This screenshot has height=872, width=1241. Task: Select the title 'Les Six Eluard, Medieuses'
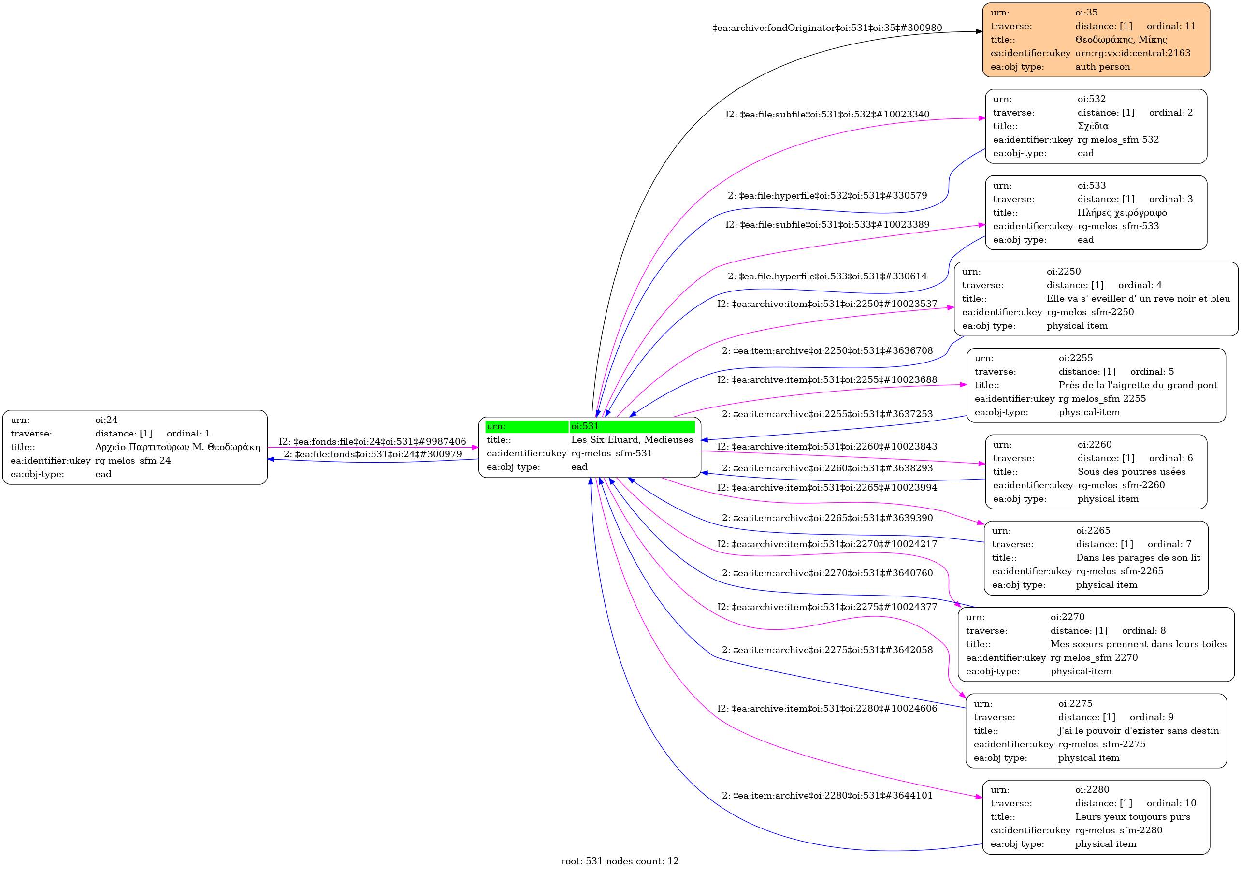point(631,440)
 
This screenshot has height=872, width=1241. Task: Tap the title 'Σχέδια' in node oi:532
point(1093,126)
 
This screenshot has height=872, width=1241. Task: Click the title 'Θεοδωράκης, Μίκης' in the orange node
point(1121,40)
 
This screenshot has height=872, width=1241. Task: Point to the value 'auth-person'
point(1102,67)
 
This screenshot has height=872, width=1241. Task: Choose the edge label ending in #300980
point(827,28)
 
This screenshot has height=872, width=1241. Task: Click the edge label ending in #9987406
point(372,442)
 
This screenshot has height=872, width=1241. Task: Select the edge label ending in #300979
point(373,454)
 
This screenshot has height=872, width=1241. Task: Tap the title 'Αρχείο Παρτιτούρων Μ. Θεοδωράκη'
point(177,447)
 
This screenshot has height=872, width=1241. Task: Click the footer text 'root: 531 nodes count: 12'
point(620,861)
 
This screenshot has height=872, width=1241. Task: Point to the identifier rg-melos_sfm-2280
point(1118,830)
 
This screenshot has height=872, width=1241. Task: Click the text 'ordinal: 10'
point(1171,803)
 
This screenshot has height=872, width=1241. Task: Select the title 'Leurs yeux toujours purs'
point(1132,817)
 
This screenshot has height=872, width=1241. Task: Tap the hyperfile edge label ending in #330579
point(827,196)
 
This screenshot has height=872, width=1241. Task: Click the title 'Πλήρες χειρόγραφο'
point(1122,213)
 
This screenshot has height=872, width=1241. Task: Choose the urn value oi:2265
point(1093,531)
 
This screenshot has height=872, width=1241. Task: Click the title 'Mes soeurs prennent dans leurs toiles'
point(1138,644)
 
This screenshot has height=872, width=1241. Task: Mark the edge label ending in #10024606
point(827,709)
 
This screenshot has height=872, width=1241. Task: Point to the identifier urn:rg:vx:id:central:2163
point(1132,53)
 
